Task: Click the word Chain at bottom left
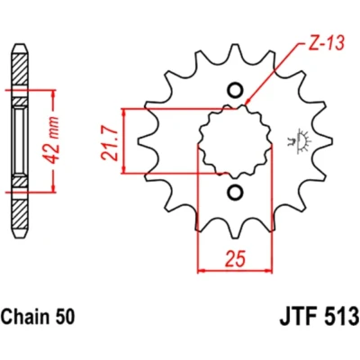point(22,308)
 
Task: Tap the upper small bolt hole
point(235,89)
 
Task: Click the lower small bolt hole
point(235,192)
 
